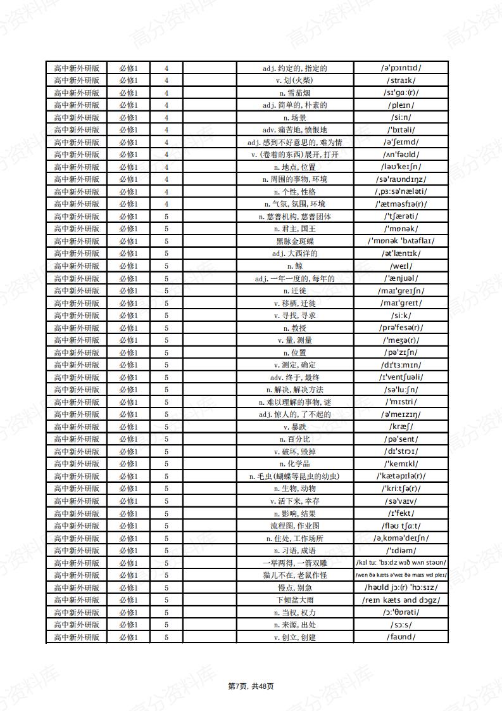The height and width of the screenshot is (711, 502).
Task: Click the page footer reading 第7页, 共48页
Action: click(251, 686)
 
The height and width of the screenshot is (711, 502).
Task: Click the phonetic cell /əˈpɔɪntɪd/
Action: click(401, 68)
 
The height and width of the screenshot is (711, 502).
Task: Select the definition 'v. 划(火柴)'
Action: click(294, 80)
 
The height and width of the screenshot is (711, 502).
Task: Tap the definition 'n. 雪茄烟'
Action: click(294, 93)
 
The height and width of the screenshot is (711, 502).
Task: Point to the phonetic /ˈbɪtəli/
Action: click(401, 130)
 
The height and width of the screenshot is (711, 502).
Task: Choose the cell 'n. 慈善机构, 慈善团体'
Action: click(294, 217)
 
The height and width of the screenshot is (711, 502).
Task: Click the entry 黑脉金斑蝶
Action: click(294, 241)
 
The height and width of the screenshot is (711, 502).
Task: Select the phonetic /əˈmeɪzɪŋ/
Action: click(401, 414)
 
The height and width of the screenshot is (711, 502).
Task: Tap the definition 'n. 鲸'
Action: click(294, 266)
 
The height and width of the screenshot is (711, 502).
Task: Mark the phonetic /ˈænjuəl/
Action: click(401, 278)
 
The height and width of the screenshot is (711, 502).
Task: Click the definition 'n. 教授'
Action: click(294, 328)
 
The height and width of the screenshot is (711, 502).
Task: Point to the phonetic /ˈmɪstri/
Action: click(401, 402)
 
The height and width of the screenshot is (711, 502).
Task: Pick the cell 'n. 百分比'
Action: click(294, 439)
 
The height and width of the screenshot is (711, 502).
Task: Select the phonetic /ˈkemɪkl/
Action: click(401, 464)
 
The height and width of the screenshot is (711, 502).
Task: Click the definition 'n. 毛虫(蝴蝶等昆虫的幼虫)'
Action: click(294, 477)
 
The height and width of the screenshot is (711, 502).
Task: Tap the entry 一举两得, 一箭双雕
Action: click(294, 563)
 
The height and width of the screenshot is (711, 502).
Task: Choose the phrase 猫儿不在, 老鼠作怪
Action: click(294, 575)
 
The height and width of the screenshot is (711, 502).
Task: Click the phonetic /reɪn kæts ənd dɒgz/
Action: click(401, 600)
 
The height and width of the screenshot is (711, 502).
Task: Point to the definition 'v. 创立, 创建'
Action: click(294, 637)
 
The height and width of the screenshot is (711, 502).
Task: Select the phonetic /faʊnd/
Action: click(401, 637)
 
